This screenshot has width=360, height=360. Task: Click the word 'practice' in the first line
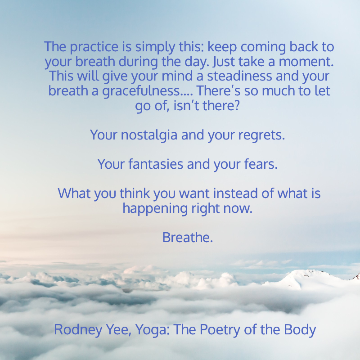coord(94,47)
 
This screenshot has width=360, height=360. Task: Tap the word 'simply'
coord(155,47)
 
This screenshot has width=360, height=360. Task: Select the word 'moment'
coord(306,62)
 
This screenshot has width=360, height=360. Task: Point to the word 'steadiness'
coord(239,76)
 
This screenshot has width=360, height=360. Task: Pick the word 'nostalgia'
coord(149,135)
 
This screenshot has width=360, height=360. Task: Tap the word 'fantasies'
coord(156,164)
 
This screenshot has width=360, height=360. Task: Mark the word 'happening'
coord(155,208)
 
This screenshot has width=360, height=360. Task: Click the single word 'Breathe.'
coord(188,238)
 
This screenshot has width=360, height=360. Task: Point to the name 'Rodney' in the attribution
coord(78,330)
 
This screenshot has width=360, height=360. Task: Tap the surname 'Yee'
coord(118,330)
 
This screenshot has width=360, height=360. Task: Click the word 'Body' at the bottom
coord(300,330)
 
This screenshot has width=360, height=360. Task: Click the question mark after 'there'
coord(237,105)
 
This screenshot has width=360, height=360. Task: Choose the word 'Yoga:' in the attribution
coord(153,330)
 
